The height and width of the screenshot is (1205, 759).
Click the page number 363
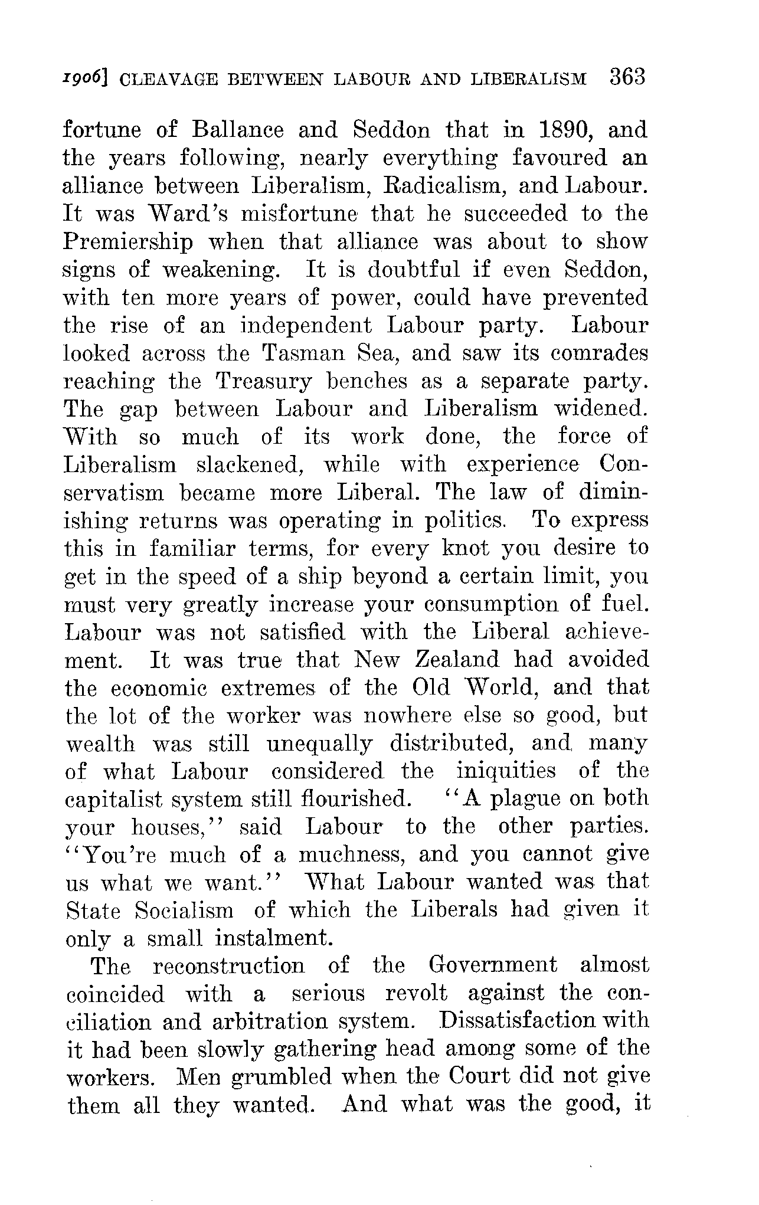point(628,77)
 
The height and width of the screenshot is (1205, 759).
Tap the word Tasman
point(300,353)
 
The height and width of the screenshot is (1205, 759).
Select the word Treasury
point(264,382)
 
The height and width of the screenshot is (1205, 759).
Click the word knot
point(466,548)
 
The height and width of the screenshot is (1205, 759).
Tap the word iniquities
point(506,771)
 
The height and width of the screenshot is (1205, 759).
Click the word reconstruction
point(228,966)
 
